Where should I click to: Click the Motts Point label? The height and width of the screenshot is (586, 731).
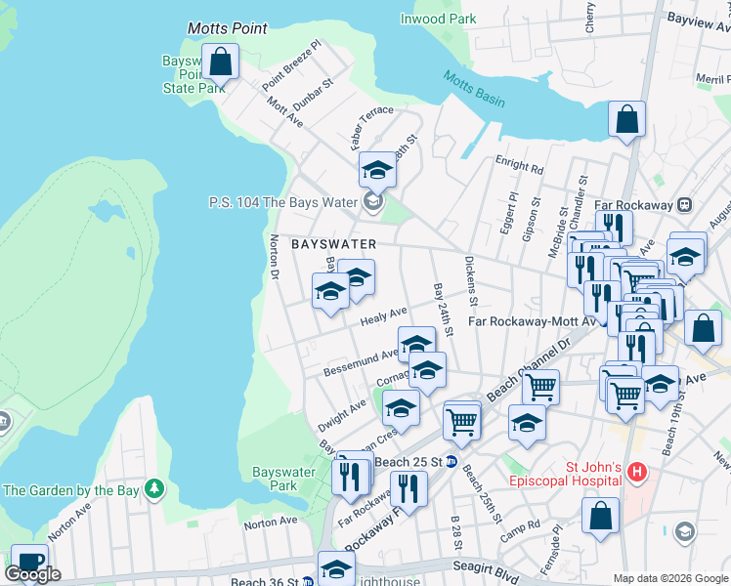click(x=227, y=28)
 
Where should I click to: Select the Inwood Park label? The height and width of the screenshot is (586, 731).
click(x=438, y=19)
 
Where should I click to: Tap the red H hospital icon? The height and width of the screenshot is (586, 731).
click(x=638, y=474)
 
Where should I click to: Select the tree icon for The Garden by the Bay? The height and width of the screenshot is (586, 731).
click(x=153, y=487)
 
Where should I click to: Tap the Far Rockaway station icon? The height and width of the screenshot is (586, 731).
click(x=684, y=205)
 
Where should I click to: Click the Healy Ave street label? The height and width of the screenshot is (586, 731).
click(x=383, y=316)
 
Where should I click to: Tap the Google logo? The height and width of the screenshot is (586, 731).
click(x=32, y=574)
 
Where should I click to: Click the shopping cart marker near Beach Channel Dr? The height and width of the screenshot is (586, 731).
click(x=539, y=387)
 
